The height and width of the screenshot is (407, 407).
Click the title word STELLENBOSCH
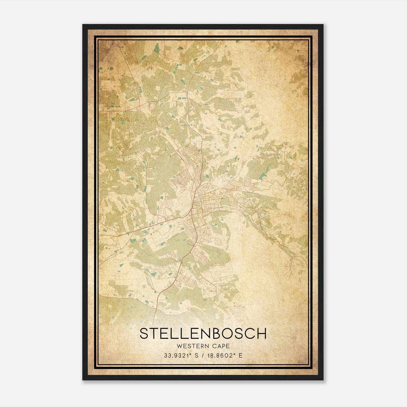(x=203, y=333)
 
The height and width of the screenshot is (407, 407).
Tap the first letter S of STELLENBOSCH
(x=144, y=333)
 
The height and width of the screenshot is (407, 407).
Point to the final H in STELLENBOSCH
(x=261, y=333)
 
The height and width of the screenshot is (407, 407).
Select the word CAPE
(x=222, y=346)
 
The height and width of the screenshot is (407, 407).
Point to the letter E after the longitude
(x=241, y=355)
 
